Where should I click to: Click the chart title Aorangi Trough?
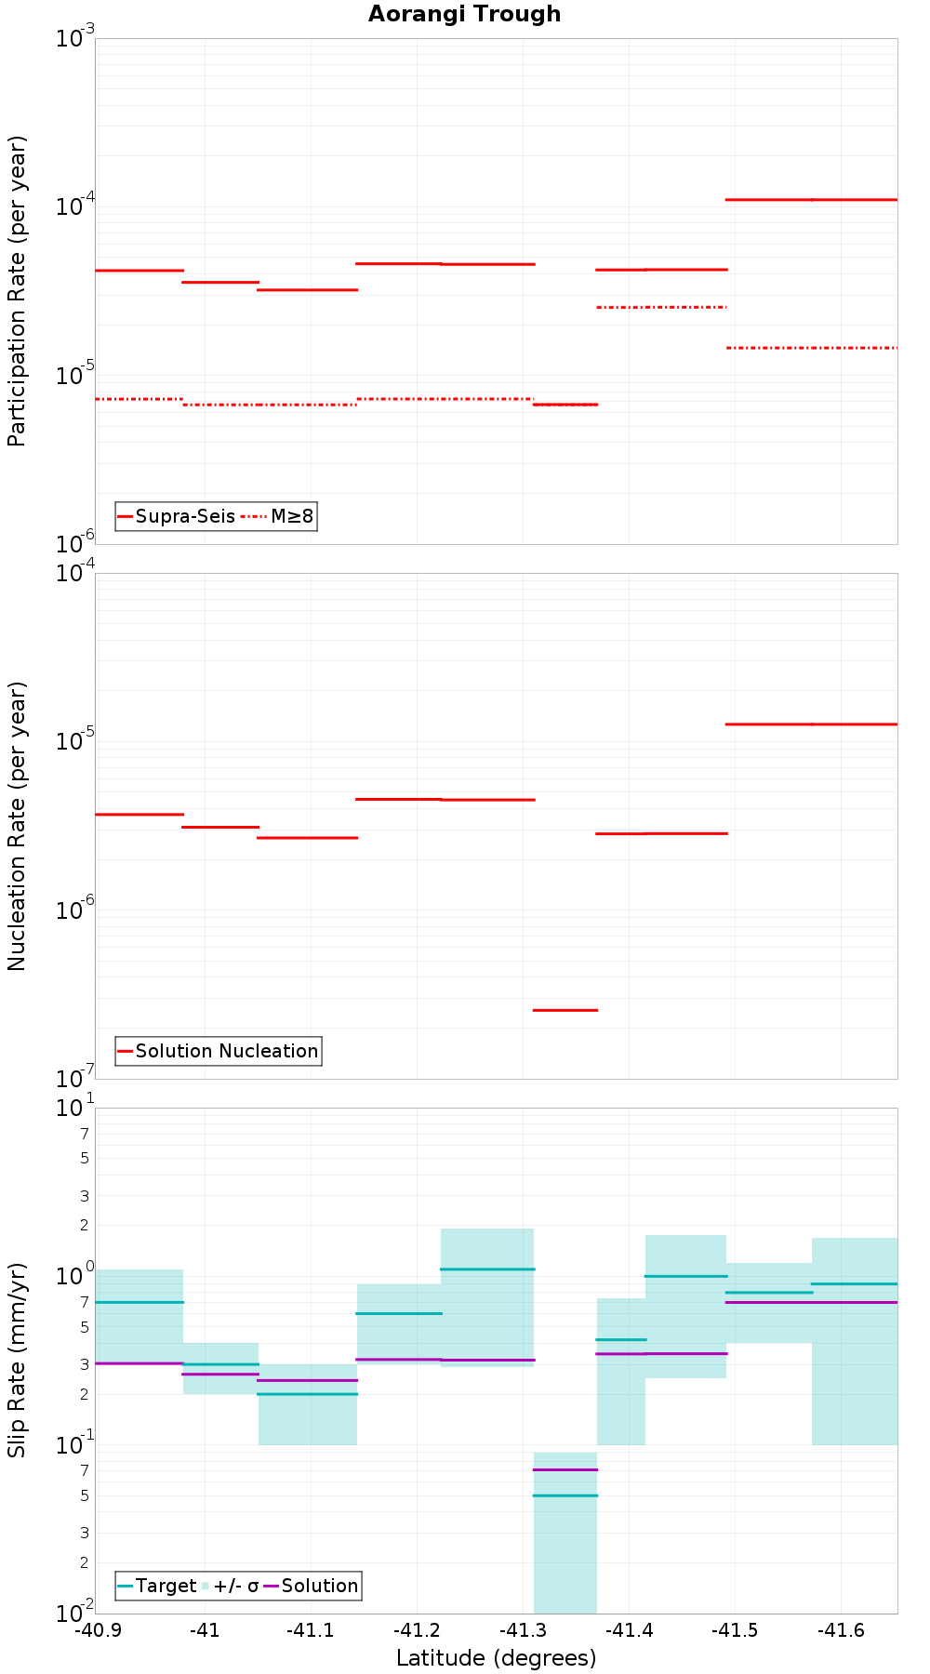(x=464, y=14)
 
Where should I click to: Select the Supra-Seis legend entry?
(x=176, y=516)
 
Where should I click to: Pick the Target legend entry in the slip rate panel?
(x=157, y=1586)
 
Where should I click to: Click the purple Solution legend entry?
(x=312, y=1586)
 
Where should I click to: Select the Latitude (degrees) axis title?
(x=496, y=1657)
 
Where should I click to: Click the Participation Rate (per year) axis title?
(x=17, y=291)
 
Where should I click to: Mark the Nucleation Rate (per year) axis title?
(x=17, y=826)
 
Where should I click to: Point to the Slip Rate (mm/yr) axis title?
(x=17, y=1360)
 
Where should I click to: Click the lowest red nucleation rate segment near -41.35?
(x=565, y=1010)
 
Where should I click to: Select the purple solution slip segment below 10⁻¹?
(x=565, y=1469)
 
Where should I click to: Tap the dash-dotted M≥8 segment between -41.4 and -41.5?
(x=661, y=307)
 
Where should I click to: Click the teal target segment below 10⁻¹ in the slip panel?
(x=565, y=1495)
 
